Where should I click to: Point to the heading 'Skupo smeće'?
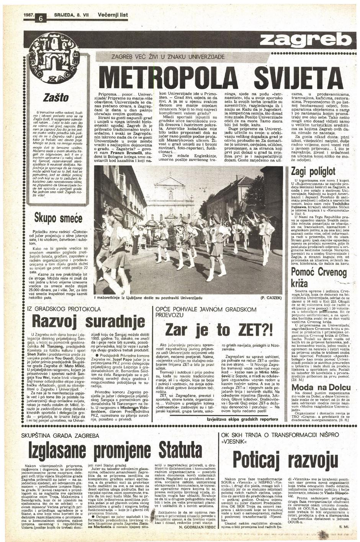[x=59, y=219]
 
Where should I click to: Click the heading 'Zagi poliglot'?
[x=313, y=171]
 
